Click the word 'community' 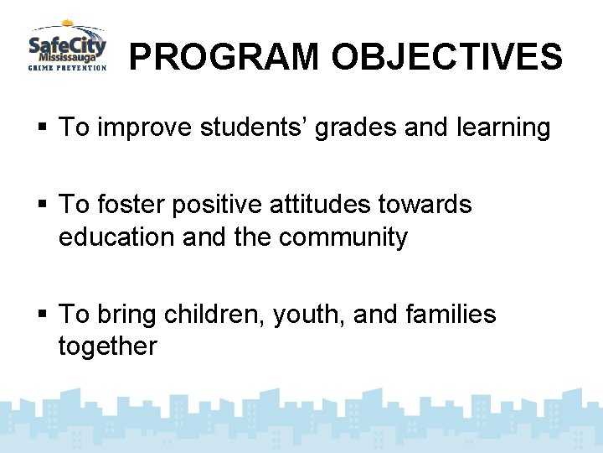(x=343, y=237)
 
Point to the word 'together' (x=107, y=347)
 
